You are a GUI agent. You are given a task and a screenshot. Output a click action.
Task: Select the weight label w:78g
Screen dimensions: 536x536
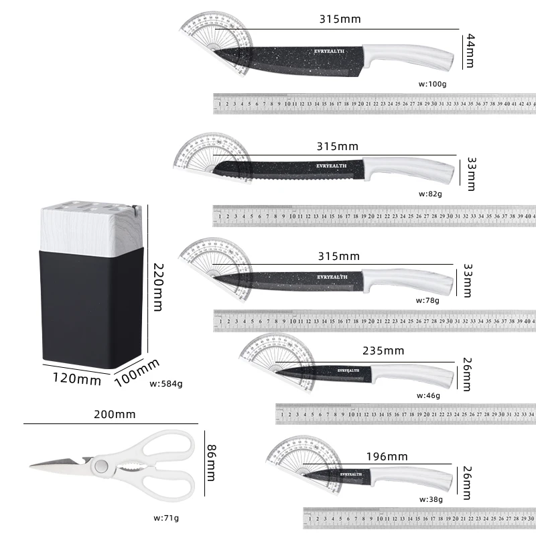tap(427, 300)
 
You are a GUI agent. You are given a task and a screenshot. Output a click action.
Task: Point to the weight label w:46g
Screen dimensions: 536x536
tap(428, 395)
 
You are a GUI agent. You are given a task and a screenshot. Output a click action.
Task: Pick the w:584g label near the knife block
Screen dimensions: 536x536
tap(165, 384)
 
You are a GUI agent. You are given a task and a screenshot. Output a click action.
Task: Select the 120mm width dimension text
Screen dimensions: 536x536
tap(77, 380)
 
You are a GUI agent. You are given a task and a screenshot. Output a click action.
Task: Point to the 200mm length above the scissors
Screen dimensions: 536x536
tap(115, 414)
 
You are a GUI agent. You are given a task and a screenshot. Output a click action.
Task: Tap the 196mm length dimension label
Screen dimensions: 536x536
tap(387, 456)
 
